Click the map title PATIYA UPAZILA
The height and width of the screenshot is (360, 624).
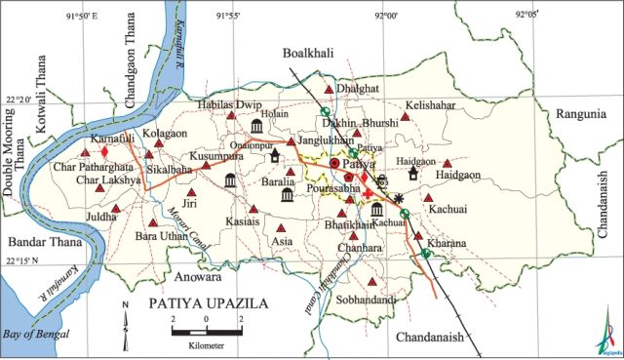[x=207, y=304]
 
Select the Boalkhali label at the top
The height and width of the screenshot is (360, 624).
[x=310, y=54]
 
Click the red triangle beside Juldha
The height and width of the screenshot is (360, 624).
[x=115, y=209]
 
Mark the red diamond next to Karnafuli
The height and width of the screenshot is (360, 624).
[x=104, y=151]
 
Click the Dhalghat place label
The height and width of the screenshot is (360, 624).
[x=355, y=88]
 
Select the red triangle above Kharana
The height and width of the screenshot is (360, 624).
[x=418, y=223]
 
